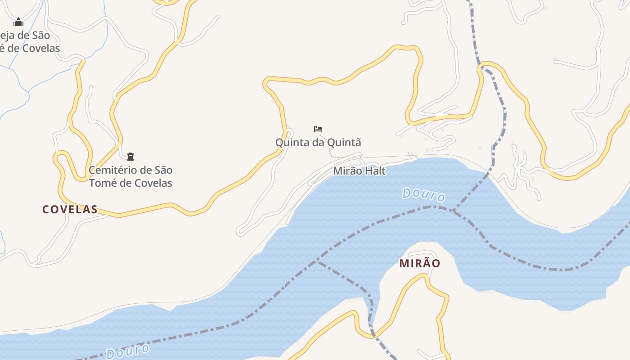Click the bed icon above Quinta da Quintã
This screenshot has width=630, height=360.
318,129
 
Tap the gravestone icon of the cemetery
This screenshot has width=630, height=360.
130,157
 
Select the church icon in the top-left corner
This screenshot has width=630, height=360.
18,22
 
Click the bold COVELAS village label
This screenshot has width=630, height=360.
70,209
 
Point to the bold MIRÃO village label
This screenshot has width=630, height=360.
420,263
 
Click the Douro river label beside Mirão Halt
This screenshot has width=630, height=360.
423,195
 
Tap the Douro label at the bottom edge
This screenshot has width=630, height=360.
127,351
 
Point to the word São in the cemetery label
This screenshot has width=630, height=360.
163,170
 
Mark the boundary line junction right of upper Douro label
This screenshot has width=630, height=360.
453,211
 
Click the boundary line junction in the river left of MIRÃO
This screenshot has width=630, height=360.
318,260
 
